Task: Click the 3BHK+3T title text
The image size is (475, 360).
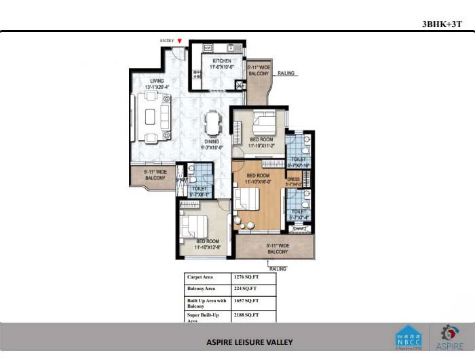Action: point(442,24)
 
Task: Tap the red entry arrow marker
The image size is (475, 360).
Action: point(179,41)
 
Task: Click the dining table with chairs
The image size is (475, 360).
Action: point(212,124)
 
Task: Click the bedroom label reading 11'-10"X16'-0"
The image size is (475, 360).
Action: point(258,178)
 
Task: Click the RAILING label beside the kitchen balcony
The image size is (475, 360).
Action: point(286,73)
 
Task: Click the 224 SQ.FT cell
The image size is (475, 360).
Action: point(243,289)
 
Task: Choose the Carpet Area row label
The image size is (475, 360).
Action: point(202,277)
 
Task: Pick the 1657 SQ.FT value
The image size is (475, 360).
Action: point(246,300)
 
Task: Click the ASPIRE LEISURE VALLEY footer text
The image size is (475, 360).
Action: point(250,342)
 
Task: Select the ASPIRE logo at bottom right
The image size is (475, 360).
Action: point(449,338)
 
